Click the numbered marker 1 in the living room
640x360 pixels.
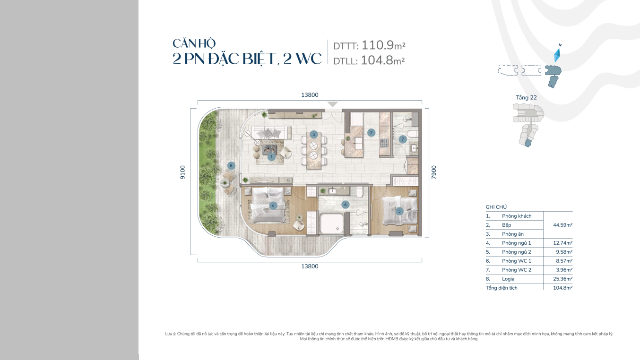click(x=271, y=156)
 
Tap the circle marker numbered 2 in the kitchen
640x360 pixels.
click(x=371, y=132)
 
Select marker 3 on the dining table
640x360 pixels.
click(x=313, y=135)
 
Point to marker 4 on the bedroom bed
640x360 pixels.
click(x=273, y=206)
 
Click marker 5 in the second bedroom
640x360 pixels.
click(x=399, y=211)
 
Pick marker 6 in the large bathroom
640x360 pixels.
click(x=346, y=205)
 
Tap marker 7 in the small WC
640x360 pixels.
click(x=403, y=139)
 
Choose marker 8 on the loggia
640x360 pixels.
click(x=231, y=165)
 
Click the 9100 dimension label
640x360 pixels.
click(x=182, y=172)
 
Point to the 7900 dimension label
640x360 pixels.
click(x=434, y=172)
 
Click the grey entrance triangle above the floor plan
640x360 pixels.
click(x=333, y=104)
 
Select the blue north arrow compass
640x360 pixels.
click(x=557, y=55)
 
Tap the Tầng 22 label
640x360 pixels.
click(x=526, y=98)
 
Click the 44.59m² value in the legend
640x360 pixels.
click(x=562, y=225)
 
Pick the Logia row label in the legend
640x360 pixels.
click(x=508, y=279)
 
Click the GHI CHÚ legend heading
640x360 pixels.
click(x=496, y=207)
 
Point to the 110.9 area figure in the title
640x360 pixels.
click(x=378, y=45)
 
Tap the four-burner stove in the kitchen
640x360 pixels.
click(x=384, y=143)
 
